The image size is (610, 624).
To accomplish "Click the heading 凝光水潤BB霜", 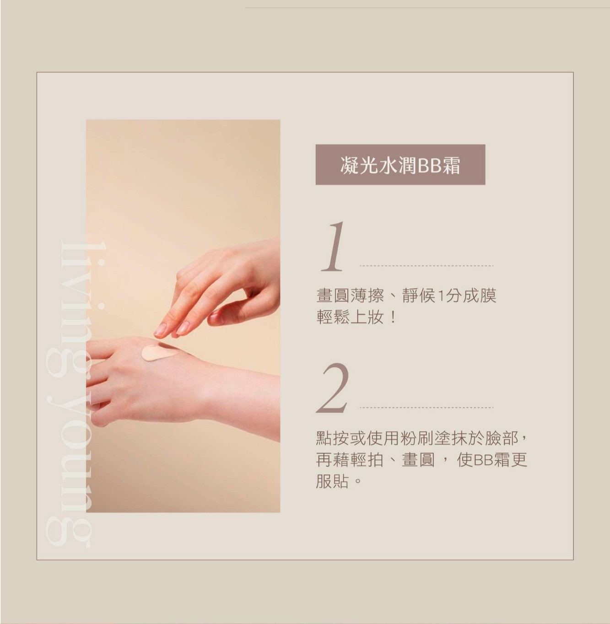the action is point(400,165).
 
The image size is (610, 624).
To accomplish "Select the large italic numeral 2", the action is point(333,387).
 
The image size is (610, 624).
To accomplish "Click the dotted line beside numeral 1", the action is point(426,266).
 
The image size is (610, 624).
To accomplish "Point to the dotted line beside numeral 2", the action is point(426,408).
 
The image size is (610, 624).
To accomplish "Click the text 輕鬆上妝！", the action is point(356,317).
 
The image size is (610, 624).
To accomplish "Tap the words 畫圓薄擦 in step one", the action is point(350,296).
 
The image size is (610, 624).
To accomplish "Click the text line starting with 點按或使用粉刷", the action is point(421,438).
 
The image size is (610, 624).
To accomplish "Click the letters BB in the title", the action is point(427,166).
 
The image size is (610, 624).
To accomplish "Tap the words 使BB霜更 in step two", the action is point(492,460).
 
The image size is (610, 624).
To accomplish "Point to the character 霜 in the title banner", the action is point(451,165).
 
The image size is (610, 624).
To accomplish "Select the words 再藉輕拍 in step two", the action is point(350,460).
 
